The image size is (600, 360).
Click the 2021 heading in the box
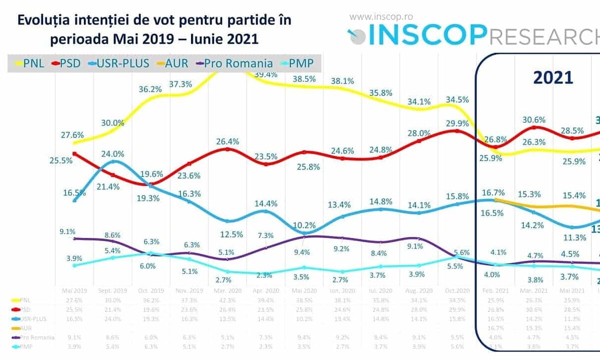pyautogui.click(x=553, y=77)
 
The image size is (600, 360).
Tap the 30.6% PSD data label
pyautogui.click(x=533, y=120)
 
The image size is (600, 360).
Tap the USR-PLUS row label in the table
pyautogui.click(x=32, y=319)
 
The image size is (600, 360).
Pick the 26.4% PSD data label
pyautogui.click(x=226, y=141)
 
